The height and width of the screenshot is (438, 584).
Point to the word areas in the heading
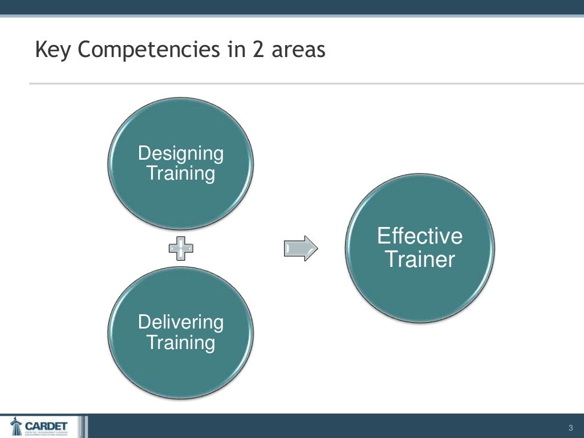click(298, 51)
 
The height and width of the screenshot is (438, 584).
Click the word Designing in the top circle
click(181, 153)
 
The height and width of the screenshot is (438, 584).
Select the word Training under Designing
click(181, 173)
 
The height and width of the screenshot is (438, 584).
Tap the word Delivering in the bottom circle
click(181, 322)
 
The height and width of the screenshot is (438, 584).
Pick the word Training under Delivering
click(181, 342)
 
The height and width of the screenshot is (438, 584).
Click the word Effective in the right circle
click(420, 236)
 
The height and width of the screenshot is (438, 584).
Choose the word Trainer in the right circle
click(420, 259)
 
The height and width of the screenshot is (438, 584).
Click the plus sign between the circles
click(181, 248)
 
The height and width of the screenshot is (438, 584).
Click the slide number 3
click(570, 428)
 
